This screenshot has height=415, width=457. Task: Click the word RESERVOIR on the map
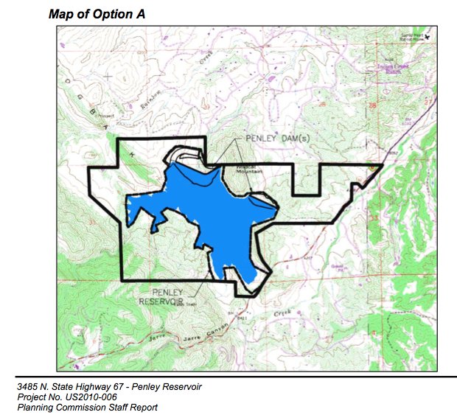[x=161, y=302]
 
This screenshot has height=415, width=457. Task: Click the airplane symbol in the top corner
[x=429, y=35]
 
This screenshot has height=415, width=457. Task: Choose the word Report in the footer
[x=143, y=407]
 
